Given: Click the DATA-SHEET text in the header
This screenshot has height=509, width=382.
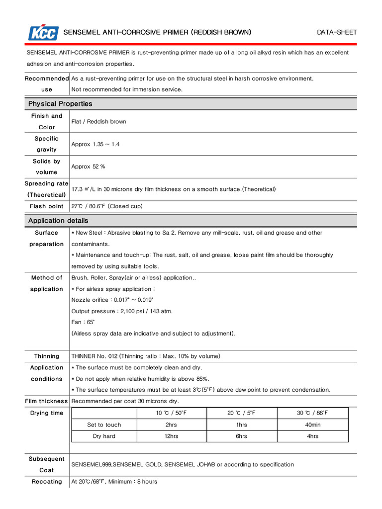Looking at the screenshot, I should point(337,33).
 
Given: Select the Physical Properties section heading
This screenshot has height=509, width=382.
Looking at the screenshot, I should point(60,104).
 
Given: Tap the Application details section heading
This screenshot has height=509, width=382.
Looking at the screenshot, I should point(58,220).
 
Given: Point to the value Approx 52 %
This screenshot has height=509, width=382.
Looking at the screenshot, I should point(88,167).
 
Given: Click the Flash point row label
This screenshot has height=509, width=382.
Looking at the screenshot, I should point(47,206).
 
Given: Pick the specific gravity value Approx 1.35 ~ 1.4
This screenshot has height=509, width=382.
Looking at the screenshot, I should point(95,144).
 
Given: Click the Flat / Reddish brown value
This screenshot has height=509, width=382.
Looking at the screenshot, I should point(98,121).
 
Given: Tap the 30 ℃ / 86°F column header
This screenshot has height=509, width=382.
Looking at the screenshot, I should point(312,413).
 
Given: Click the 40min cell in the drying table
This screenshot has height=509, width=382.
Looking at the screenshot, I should point(312,424).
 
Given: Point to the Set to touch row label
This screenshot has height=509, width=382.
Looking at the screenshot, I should point(104,424).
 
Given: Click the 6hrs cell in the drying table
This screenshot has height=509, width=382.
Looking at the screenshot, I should point(241,436).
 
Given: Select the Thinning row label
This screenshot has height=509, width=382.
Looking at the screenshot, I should point(47,356).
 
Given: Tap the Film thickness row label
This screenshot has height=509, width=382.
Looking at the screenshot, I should point(47,401).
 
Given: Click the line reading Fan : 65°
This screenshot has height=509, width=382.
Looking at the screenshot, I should point(83,322).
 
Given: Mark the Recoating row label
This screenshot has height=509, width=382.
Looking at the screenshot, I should point(47,482).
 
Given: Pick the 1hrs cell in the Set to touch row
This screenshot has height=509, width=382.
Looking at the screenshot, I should point(241,424).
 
